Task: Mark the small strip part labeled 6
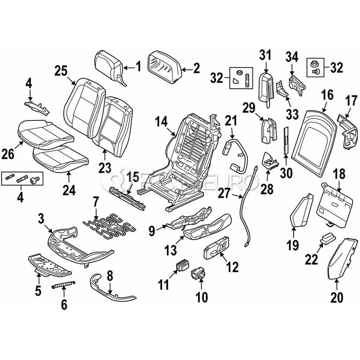(x=64, y=285)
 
